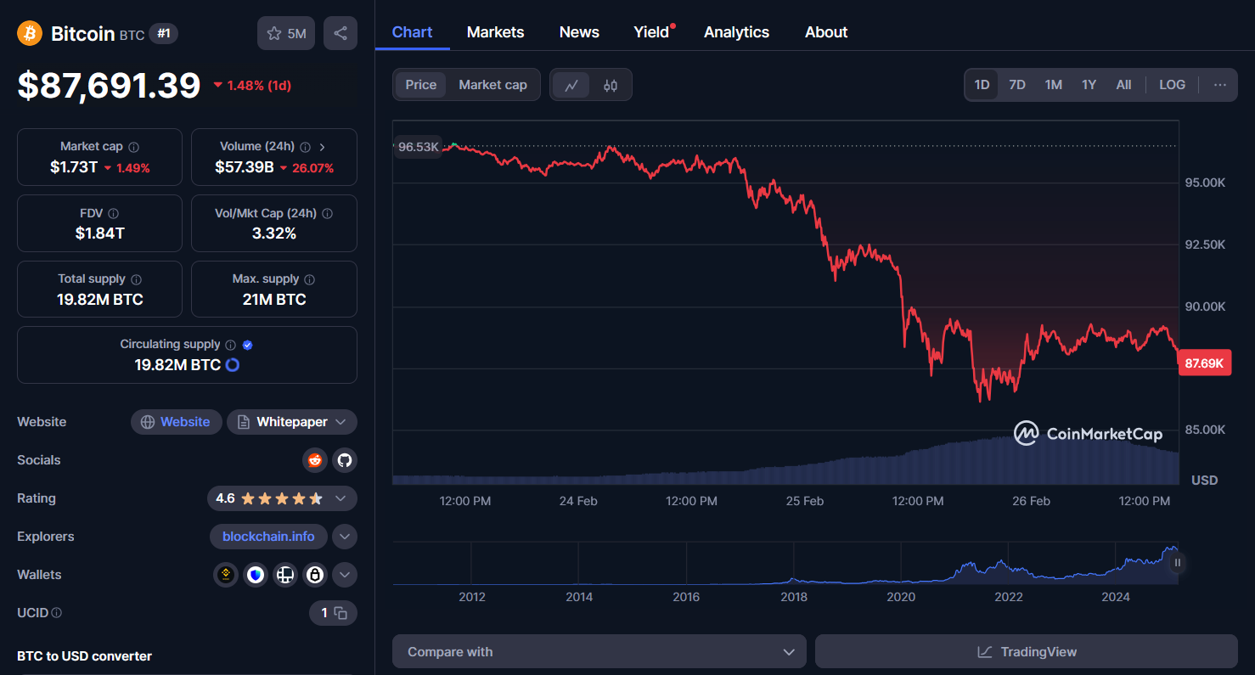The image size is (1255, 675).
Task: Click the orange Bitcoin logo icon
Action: (30, 33)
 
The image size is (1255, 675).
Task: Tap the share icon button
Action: (340, 33)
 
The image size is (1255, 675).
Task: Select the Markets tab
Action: (495, 32)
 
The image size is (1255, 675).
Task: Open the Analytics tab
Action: (736, 32)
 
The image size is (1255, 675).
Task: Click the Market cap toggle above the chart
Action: (492, 85)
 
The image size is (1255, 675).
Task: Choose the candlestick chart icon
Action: (611, 85)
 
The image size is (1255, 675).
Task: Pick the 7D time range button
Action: (1016, 85)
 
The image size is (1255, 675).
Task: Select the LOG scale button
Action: (1172, 85)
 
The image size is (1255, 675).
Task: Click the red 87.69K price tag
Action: (1204, 363)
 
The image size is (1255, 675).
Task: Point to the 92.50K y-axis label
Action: (1205, 245)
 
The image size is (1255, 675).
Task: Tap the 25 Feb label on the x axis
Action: (804, 501)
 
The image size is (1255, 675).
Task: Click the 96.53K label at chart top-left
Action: (419, 147)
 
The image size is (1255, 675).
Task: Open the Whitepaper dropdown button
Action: (292, 422)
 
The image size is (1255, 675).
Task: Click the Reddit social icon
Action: (315, 460)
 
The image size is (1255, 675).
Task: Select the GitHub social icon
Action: (344, 460)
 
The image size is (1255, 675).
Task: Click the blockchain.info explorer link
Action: (268, 537)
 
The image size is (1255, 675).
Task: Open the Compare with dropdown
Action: (599, 652)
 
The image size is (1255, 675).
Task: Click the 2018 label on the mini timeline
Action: (794, 597)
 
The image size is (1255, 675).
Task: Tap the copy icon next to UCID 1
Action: (340, 613)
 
